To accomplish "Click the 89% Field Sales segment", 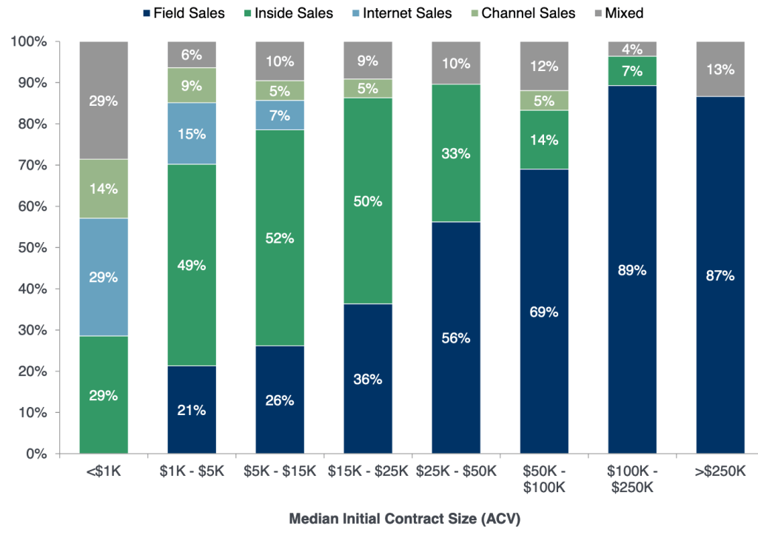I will (631, 269).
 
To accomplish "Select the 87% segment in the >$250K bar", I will (720, 275).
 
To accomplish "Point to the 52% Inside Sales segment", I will (279, 238).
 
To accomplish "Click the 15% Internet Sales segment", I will (191, 133).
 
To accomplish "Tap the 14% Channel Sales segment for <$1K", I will (103, 189).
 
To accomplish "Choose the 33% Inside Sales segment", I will (455, 153).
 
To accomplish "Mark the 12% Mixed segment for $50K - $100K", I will (543, 66).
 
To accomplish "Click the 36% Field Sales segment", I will (367, 378).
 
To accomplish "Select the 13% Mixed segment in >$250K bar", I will (720, 69).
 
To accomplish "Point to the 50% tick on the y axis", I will (31, 248).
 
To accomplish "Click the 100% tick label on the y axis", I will (28, 42).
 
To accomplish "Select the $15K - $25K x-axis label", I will (367, 471).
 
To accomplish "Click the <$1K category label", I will (103, 471).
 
